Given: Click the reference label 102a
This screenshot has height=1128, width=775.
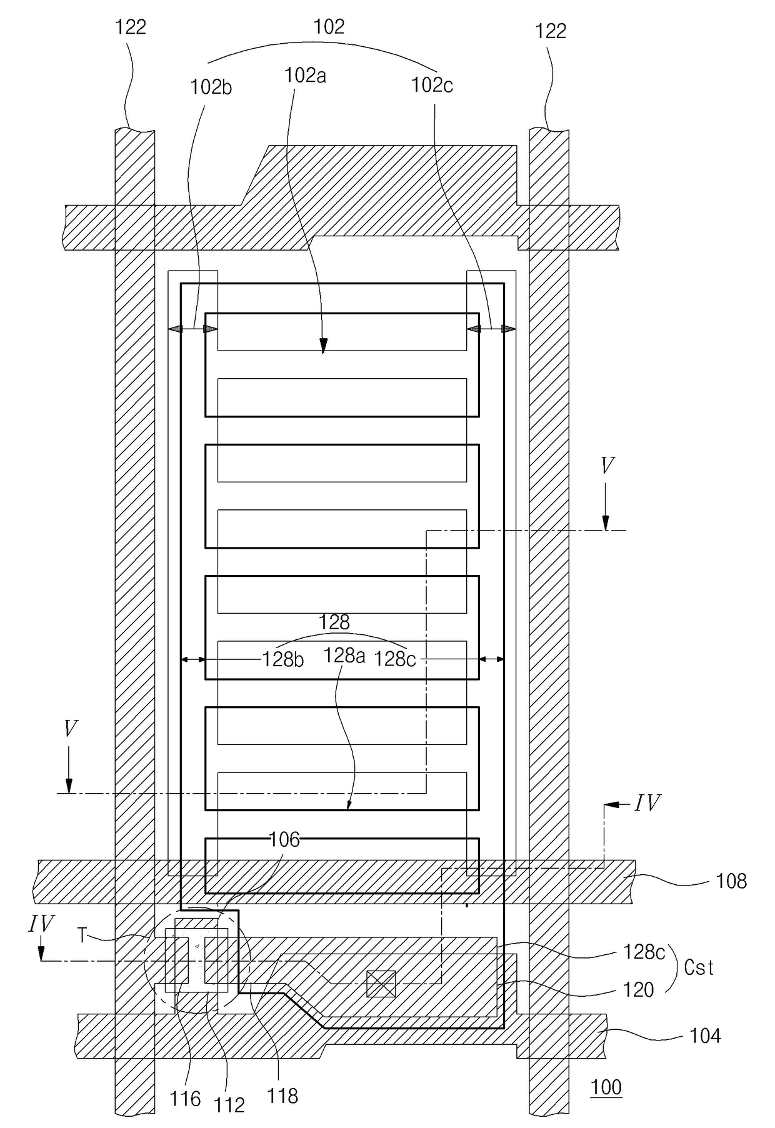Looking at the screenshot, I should click(305, 76).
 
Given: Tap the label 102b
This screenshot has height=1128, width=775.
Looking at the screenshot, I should click(211, 87).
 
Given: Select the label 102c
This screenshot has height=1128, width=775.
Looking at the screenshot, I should click(432, 85).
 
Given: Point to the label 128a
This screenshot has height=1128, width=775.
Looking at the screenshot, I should click(344, 656).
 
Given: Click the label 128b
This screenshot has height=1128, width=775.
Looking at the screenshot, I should click(282, 659).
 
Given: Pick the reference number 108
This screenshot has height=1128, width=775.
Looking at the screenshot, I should click(731, 881).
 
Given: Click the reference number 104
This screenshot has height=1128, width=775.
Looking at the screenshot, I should click(705, 1036).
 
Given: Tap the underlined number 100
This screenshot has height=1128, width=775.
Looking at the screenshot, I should click(606, 1087).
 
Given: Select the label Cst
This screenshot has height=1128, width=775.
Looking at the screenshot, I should click(699, 968).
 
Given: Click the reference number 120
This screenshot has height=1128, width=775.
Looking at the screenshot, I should click(638, 990).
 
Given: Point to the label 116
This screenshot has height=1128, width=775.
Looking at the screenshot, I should click(185, 1098).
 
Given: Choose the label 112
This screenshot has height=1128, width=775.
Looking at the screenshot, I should click(229, 1105).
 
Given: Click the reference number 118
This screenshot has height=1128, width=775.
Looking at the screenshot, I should click(282, 1096).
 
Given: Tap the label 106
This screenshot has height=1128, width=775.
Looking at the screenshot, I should click(284, 839).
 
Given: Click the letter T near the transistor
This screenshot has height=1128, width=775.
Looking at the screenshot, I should click(82, 935).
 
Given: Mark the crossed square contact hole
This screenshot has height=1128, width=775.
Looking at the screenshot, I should click(381, 984).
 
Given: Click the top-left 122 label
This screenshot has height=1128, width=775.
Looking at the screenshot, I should click(131, 27).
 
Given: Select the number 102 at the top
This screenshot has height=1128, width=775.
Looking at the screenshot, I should click(329, 26).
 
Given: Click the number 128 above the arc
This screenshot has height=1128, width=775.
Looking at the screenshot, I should click(334, 622).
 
